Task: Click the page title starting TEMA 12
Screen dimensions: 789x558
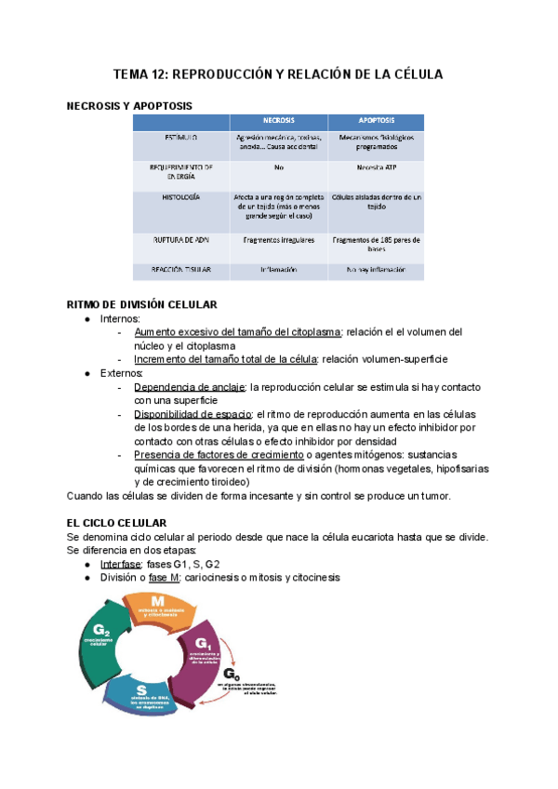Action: (x=278, y=74)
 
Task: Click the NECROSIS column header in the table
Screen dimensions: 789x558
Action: (x=279, y=122)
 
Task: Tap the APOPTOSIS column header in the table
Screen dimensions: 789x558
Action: (x=376, y=122)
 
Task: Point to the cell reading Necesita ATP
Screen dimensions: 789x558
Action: (x=376, y=168)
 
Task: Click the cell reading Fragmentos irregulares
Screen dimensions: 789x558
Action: (x=279, y=240)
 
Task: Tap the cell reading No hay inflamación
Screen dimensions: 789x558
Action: (x=376, y=270)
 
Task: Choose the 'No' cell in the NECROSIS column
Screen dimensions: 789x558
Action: (x=279, y=168)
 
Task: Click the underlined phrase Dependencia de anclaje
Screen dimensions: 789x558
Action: (x=190, y=386)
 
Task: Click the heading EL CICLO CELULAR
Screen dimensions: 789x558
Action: (x=117, y=524)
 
